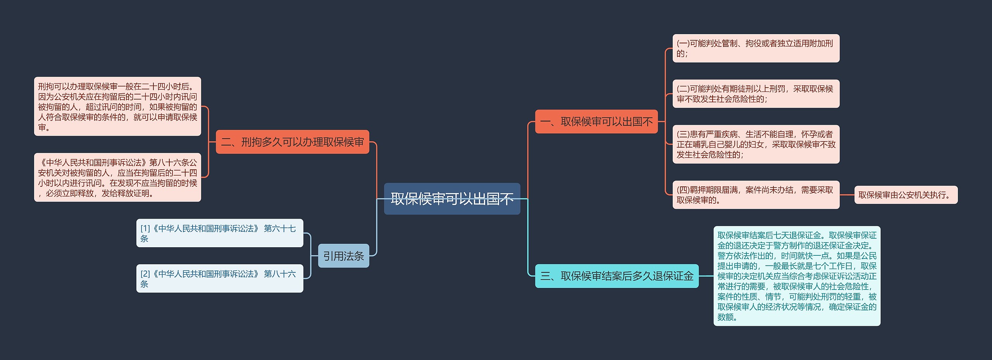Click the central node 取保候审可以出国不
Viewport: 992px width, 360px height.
[x=452, y=199]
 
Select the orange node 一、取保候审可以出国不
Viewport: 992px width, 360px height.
[x=596, y=122]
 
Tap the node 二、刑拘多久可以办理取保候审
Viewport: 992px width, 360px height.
[x=292, y=142]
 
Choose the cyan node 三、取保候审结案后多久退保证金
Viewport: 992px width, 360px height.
[x=617, y=276]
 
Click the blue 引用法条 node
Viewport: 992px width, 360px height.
[x=343, y=256]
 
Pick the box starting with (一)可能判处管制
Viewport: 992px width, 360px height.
[x=756, y=48]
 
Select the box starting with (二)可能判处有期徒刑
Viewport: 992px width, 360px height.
[x=756, y=94]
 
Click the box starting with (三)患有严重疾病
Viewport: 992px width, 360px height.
[x=756, y=144]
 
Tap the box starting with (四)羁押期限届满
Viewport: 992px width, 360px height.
[x=756, y=195]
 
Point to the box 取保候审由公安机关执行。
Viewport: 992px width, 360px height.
[x=906, y=195]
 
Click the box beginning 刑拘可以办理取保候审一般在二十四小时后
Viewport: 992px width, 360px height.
[x=117, y=107]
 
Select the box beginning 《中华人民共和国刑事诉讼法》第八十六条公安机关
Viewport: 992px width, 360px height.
[x=117, y=177]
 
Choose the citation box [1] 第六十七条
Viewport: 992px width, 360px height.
[x=219, y=233]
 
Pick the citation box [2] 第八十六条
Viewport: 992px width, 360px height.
[x=219, y=279]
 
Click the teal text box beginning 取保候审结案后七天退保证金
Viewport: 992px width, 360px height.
[x=797, y=276]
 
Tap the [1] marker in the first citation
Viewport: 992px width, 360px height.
[x=145, y=229]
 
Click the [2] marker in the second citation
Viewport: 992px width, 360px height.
[x=145, y=274]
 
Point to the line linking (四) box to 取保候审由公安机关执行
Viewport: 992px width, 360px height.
[x=847, y=195]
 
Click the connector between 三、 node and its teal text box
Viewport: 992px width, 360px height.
[x=706, y=276]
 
